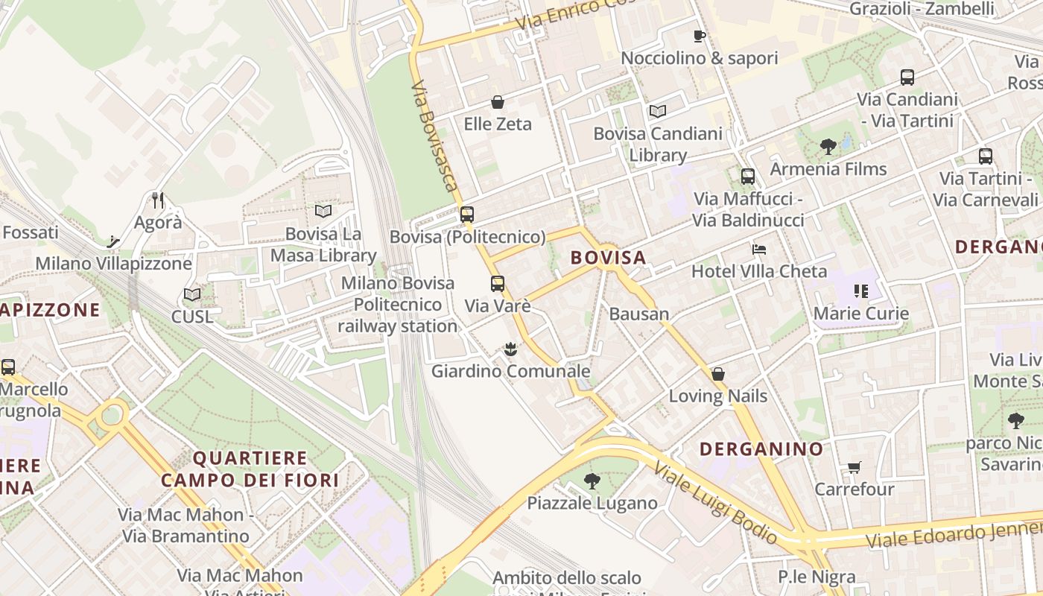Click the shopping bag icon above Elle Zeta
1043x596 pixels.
(x=498, y=102)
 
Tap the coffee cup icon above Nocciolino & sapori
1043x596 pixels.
(x=699, y=36)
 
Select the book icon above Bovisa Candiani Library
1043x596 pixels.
(x=657, y=112)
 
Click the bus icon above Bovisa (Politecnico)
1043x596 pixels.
(x=467, y=215)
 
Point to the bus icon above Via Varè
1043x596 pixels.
(x=497, y=284)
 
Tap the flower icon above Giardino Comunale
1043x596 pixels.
(x=510, y=348)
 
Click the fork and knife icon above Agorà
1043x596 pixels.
(x=157, y=200)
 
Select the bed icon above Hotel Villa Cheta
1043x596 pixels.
(x=759, y=249)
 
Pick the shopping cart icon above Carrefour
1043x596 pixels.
(x=854, y=468)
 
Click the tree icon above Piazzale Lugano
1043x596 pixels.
(x=592, y=481)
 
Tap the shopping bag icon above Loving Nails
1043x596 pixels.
(x=718, y=374)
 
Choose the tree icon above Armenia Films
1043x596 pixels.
(x=828, y=147)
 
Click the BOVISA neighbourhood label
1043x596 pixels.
(x=608, y=258)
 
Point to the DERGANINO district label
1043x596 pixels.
(x=761, y=448)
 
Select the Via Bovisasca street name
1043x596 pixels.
(x=434, y=136)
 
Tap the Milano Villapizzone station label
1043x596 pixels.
(x=114, y=264)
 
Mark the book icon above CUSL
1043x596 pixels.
(x=192, y=295)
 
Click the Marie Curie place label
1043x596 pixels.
(x=861, y=313)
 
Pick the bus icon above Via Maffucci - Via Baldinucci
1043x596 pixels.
(x=748, y=177)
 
